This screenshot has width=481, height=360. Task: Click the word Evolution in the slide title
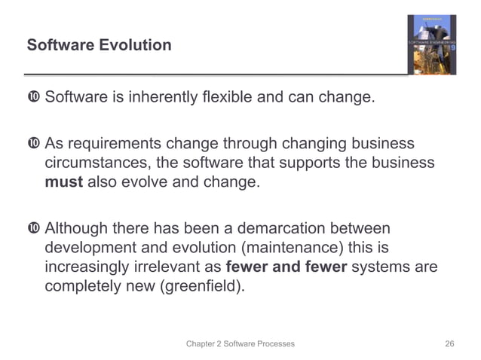(x=133, y=45)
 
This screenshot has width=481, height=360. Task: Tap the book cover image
(x=433, y=45)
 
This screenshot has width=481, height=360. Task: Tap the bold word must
(x=64, y=182)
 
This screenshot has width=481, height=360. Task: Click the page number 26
(x=450, y=343)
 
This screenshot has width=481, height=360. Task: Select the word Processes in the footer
(x=269, y=343)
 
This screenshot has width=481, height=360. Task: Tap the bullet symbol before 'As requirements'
(x=33, y=143)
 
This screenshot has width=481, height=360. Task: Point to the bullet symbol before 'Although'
(x=33, y=228)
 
